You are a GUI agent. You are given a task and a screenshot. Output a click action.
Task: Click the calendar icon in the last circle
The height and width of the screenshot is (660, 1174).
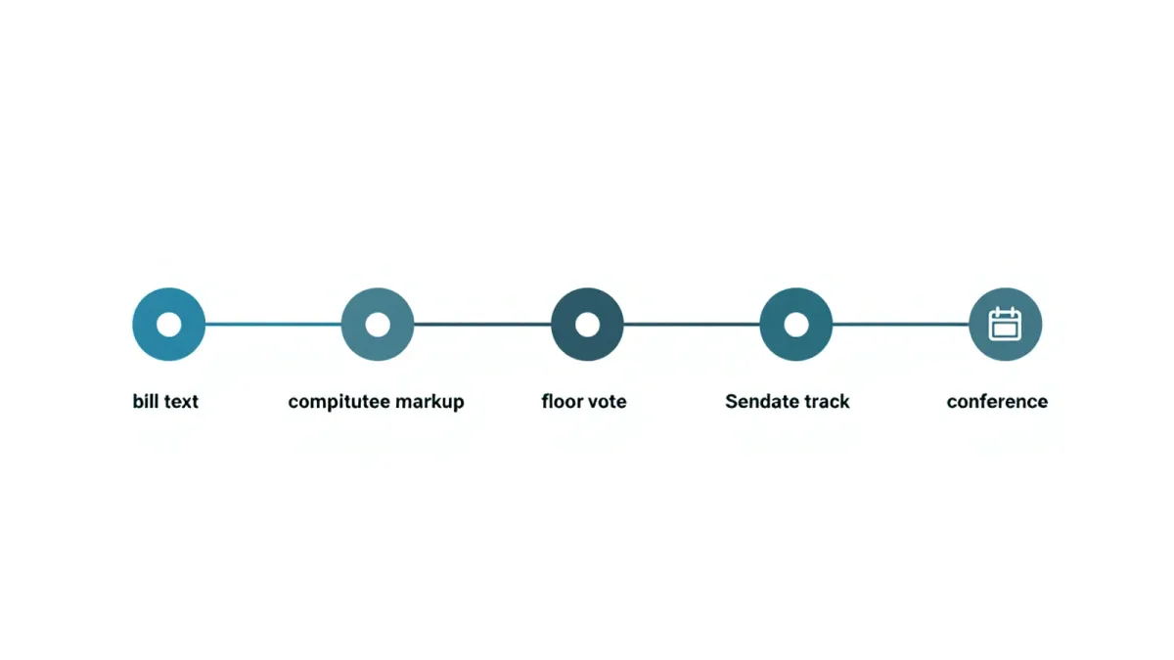1005,325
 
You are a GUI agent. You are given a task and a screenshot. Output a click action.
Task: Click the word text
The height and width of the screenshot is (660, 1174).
180,402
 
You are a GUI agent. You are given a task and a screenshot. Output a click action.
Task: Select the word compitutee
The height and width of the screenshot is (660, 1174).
339,402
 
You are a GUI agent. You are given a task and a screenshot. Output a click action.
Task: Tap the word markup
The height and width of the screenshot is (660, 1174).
429,402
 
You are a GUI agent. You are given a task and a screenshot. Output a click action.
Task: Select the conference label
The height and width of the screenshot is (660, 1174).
997,402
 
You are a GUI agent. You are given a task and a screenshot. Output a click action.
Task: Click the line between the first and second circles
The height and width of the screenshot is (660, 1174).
273,325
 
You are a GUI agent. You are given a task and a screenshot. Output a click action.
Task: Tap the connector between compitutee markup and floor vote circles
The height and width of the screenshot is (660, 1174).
482,325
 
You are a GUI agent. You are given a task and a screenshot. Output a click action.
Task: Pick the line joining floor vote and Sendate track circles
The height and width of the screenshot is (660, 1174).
692,325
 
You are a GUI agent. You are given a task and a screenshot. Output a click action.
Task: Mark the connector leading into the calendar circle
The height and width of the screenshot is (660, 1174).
900,325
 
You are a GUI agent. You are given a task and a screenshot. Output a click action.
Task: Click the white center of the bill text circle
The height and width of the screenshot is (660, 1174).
168,325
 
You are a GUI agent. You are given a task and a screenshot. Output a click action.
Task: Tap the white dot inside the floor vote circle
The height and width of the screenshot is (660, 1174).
587,325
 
